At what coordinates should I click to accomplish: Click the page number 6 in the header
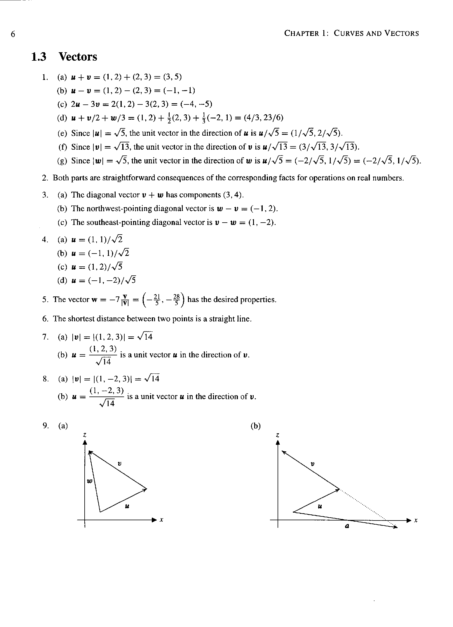[x=13, y=34]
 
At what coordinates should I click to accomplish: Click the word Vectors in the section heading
[x=78, y=57]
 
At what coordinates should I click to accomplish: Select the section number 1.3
[x=39, y=57]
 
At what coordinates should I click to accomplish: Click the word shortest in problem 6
[x=81, y=319]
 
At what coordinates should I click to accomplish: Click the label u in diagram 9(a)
[x=127, y=507]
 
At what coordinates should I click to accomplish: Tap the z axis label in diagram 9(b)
[x=278, y=435]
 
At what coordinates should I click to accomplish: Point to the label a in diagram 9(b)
[x=347, y=526]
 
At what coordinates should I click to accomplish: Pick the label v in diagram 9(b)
[x=312, y=464]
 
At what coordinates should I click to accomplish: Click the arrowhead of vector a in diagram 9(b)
[x=395, y=527]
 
